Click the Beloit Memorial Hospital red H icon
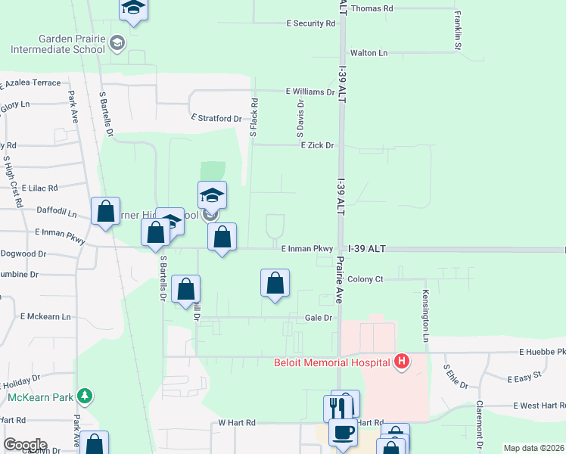pyautogui.click(x=402, y=362)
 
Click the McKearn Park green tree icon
pyautogui.click(x=86, y=396)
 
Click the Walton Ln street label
pyautogui.click(x=369, y=53)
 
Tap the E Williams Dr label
pyautogui.click(x=309, y=92)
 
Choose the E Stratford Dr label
pyautogui.click(x=216, y=119)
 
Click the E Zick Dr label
pyautogui.click(x=317, y=145)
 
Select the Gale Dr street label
pyautogui.click(x=319, y=319)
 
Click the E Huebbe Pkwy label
pyautogui.click(x=542, y=353)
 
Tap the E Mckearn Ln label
pyautogui.click(x=45, y=316)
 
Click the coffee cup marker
pyautogui.click(x=342, y=433)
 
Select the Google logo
pyautogui.click(x=25, y=445)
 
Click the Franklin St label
pyautogui.click(x=458, y=30)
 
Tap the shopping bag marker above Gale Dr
pyautogui.click(x=275, y=283)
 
